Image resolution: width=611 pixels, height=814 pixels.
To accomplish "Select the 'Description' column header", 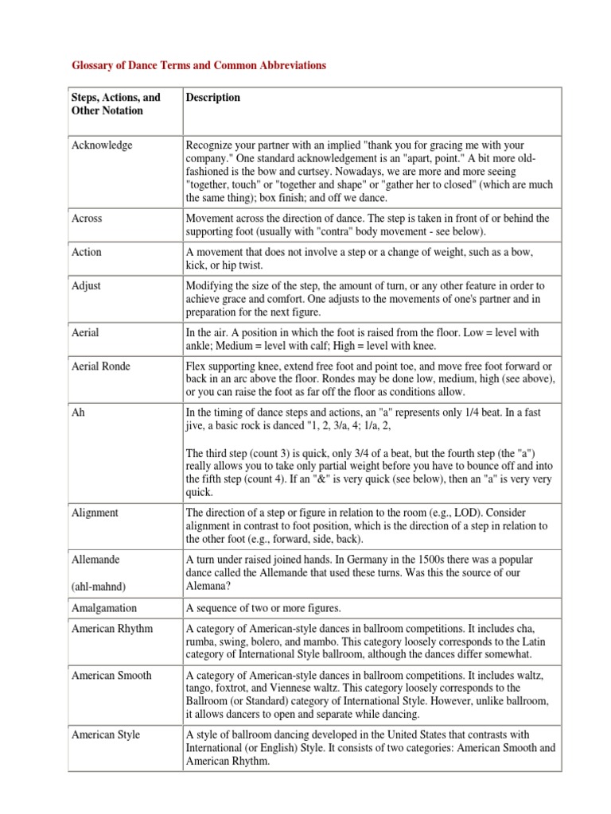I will [x=212, y=98].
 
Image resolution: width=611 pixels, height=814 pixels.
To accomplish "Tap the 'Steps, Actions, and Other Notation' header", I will [x=116, y=104].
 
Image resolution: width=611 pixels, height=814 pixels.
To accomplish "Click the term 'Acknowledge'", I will [x=103, y=145].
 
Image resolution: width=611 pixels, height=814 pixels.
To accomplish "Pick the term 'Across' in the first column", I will [x=87, y=218].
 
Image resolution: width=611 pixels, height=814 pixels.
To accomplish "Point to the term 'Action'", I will [x=87, y=252].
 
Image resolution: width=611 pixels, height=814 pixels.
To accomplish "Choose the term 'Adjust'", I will [x=87, y=286].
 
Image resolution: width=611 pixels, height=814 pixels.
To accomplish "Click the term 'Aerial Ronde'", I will [x=101, y=366].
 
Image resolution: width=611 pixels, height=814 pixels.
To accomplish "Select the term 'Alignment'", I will [x=95, y=513].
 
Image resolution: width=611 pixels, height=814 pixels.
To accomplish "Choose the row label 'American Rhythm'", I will [x=112, y=629].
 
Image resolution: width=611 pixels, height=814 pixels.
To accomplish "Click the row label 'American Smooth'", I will [x=112, y=675].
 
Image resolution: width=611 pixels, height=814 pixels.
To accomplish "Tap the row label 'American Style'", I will [x=106, y=735].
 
